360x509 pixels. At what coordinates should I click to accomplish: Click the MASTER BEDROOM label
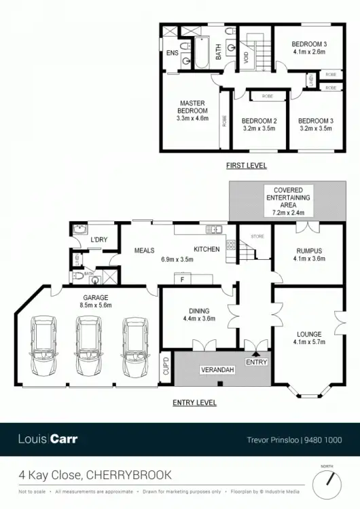click(x=192, y=107)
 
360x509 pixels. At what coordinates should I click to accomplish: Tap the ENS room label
click(x=173, y=52)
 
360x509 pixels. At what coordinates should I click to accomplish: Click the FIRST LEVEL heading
click(x=247, y=166)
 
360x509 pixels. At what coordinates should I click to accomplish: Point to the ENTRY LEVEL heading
click(x=195, y=402)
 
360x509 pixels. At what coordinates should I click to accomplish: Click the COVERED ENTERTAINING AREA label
click(x=293, y=197)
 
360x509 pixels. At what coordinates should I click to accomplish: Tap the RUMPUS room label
click(x=309, y=251)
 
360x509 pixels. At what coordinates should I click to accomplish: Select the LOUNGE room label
click(x=309, y=334)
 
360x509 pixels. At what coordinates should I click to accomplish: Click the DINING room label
click(x=199, y=311)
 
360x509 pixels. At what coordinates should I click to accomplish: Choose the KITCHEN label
click(x=207, y=249)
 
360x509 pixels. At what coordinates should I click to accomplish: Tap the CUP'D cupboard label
click(x=164, y=367)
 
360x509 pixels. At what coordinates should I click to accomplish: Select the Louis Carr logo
click(x=48, y=439)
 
